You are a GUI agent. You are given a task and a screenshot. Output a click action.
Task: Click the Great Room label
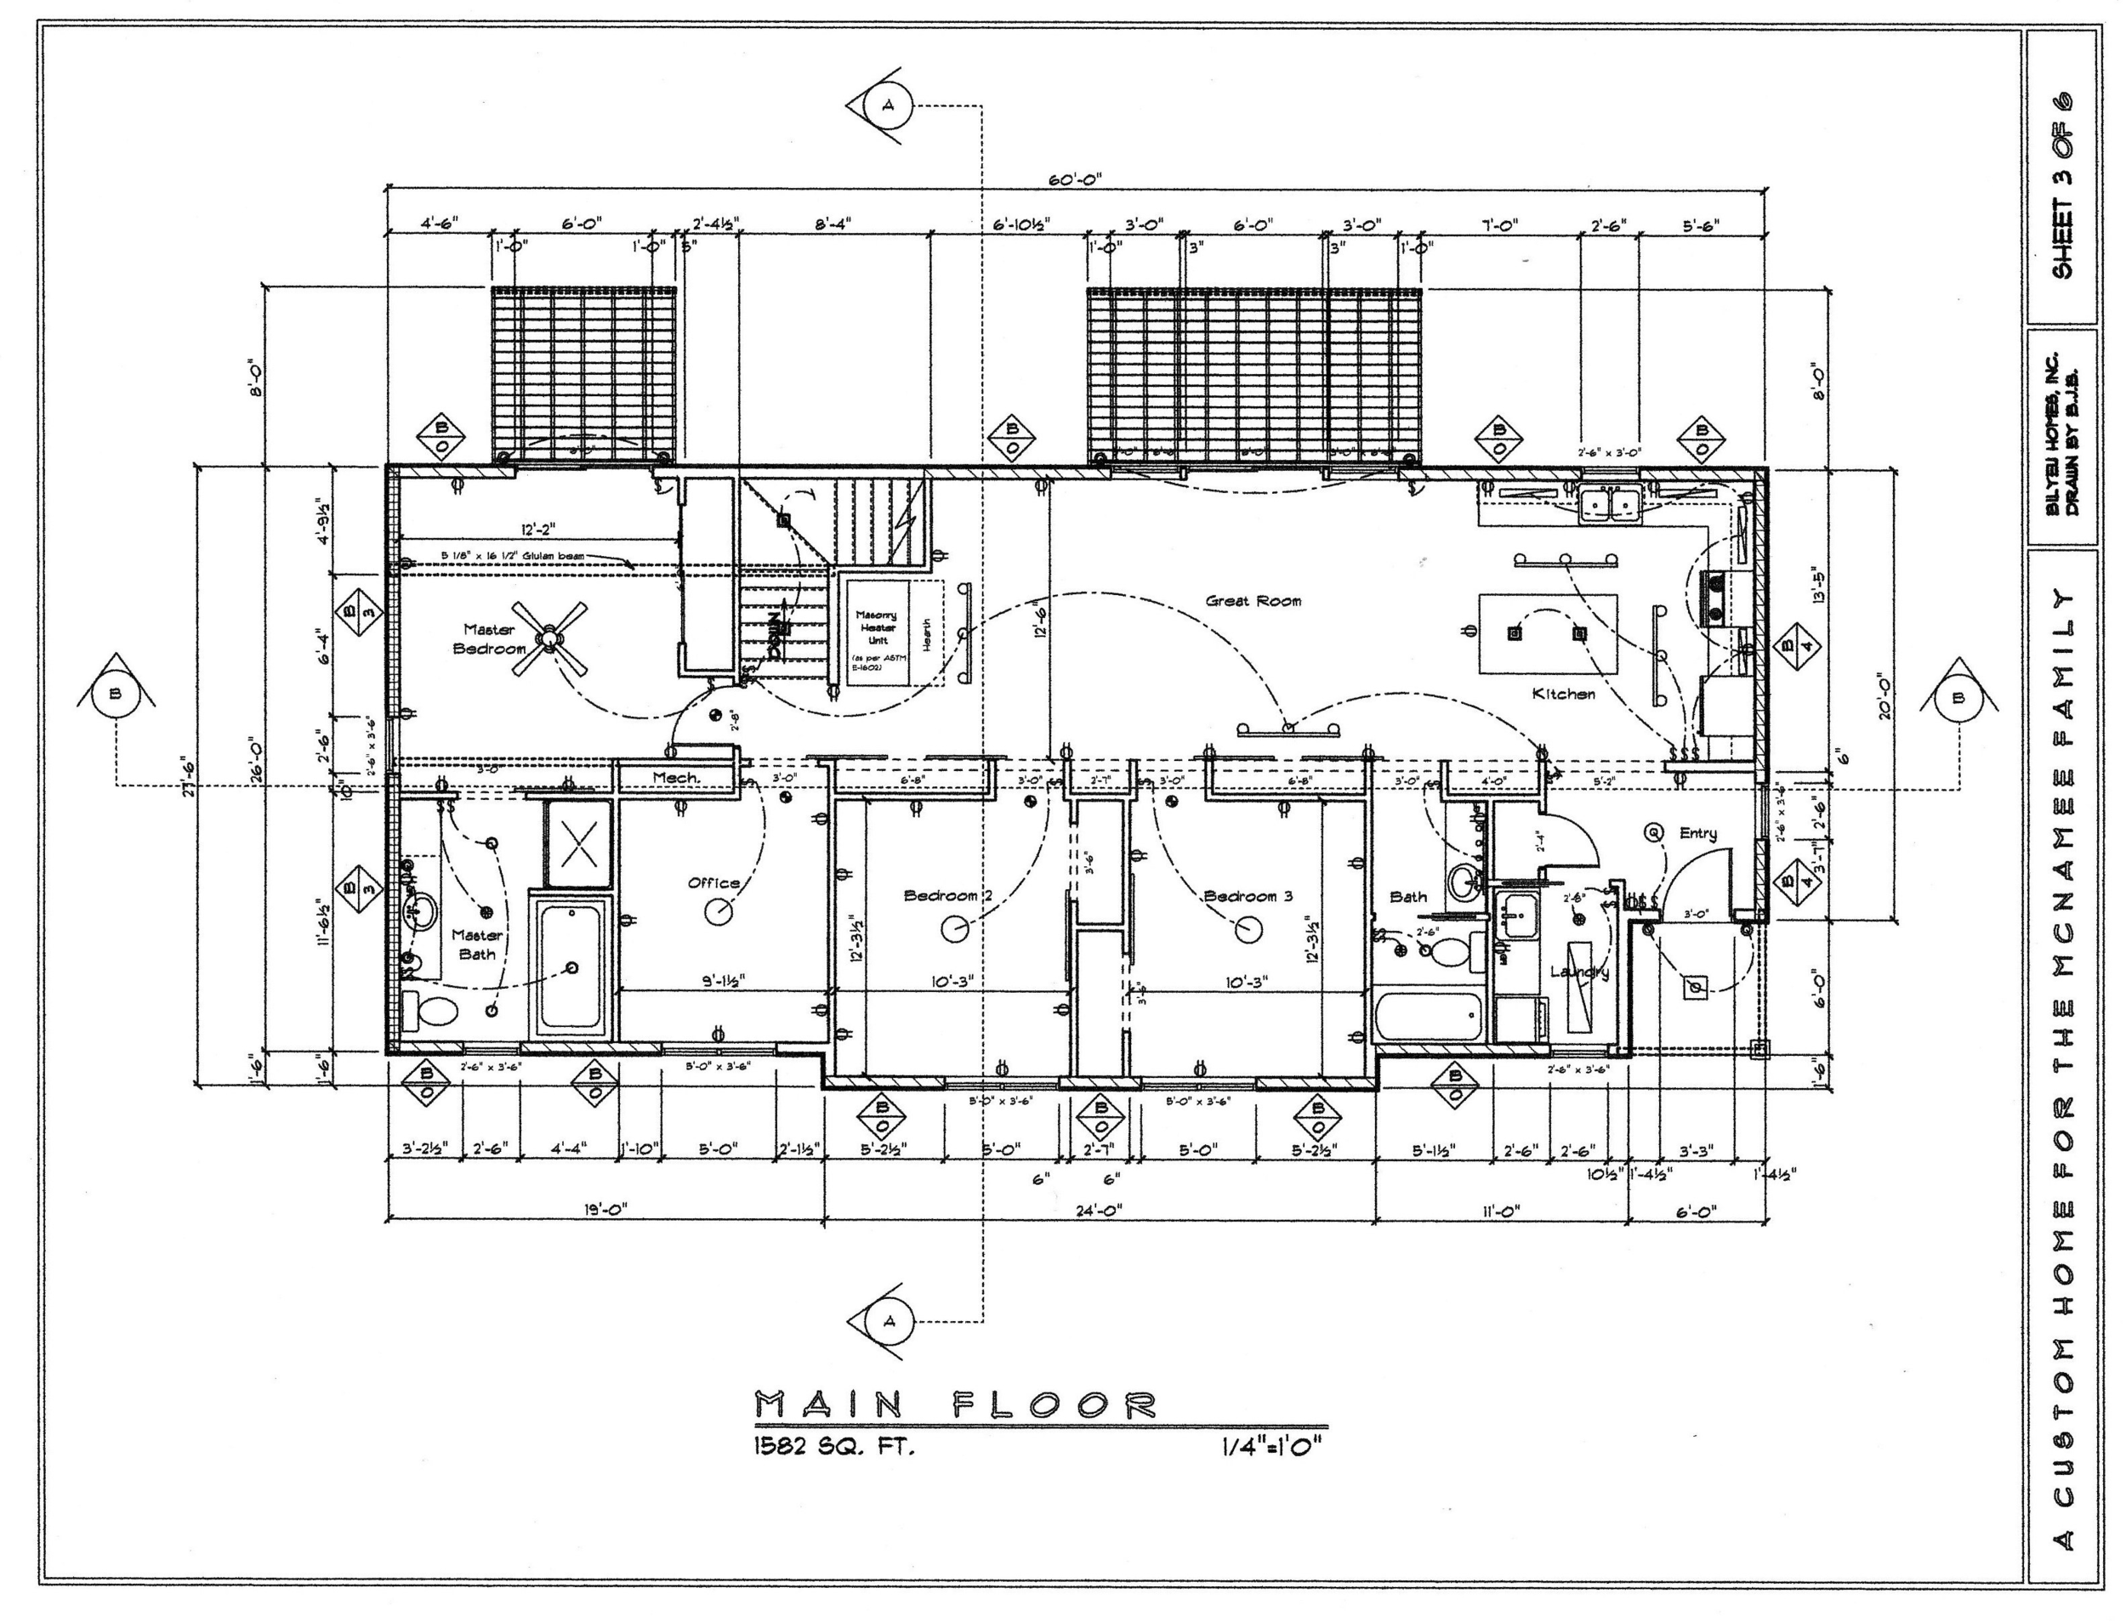1253,600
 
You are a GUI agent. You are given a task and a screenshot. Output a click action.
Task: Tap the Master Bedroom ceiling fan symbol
549,638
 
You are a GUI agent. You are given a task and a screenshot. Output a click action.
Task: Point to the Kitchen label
1563,693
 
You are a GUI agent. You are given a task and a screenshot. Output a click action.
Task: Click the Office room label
713,882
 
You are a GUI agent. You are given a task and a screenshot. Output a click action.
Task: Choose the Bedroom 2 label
947,895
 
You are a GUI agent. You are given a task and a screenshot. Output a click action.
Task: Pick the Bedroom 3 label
1247,895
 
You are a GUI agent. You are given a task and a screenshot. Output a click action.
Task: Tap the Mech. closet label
675,777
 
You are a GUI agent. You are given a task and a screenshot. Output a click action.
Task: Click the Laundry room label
1579,972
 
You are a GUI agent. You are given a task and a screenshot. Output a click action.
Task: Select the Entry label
1697,833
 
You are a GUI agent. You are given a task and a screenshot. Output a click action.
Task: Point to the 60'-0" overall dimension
1074,179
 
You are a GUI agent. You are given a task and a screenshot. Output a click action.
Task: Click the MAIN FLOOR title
953,1404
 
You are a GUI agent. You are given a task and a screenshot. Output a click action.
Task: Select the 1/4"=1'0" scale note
1270,1447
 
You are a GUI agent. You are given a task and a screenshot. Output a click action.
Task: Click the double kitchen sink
1608,504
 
